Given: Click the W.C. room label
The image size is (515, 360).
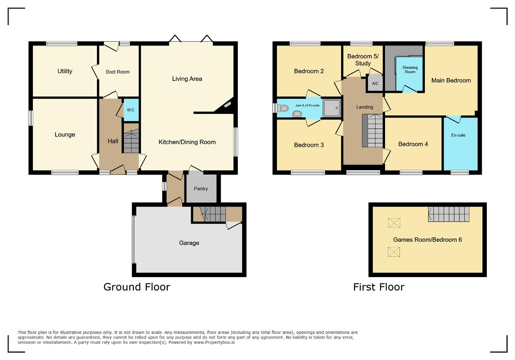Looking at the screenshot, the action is [131, 110].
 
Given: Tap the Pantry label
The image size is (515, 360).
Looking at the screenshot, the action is [201, 189].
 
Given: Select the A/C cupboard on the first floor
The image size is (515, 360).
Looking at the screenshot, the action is [375, 83].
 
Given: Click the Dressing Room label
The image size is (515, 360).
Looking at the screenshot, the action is [410, 70].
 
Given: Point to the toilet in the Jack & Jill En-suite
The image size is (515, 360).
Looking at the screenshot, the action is [282, 108].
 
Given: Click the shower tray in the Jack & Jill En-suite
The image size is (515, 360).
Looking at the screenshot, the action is [332, 108].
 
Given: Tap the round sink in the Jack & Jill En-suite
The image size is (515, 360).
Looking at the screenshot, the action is [297, 113].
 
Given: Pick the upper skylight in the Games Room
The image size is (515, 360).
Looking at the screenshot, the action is [394, 223].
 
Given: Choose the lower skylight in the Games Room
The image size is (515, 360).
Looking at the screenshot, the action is [394, 252].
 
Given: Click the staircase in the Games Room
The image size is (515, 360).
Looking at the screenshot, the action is [449, 214].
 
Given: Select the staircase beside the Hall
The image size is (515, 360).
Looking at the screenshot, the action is [131, 138].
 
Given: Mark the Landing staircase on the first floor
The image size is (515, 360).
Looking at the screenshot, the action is [373, 131].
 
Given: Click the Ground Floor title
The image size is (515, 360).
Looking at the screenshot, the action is [137, 287].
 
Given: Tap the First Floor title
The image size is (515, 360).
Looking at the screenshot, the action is [379, 287].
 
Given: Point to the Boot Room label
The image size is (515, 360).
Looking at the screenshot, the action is [117, 72].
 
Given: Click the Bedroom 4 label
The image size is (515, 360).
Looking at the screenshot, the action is [413, 144].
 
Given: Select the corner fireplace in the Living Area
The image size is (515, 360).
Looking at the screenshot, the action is [225, 106].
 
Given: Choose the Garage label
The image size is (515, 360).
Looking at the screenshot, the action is [189, 243].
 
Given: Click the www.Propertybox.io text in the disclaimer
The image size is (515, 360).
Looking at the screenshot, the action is [214, 342].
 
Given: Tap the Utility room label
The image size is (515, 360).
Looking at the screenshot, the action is [65, 71].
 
